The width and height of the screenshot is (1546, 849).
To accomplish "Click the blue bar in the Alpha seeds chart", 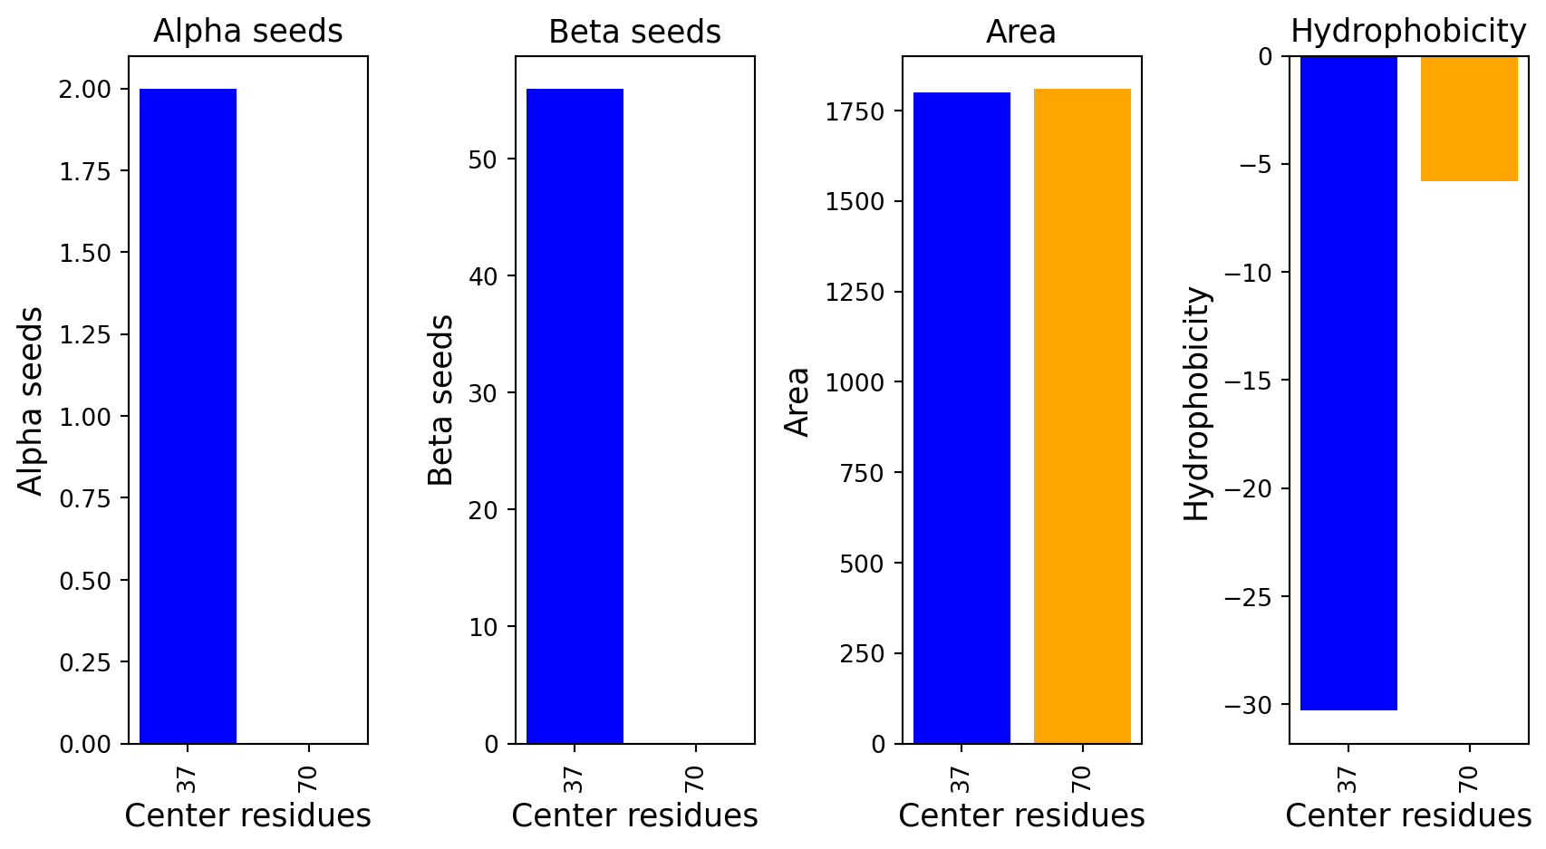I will pyautogui.click(x=188, y=416).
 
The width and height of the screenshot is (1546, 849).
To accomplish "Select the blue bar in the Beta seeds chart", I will pyautogui.click(x=575, y=416).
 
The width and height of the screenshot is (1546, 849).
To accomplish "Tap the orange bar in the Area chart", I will pyautogui.click(x=1082, y=416).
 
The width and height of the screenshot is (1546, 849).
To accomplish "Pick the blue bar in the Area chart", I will pyautogui.click(x=961, y=418).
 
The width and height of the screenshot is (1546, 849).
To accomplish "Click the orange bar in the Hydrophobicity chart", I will pyautogui.click(x=1469, y=119).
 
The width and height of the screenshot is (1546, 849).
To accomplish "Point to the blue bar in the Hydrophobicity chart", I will pyautogui.click(x=1348, y=383).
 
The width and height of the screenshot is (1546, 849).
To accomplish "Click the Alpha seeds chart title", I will pyautogui.click(x=247, y=32).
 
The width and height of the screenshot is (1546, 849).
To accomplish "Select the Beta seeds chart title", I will pyautogui.click(x=634, y=33).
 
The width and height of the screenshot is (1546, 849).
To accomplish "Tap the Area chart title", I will pyautogui.click(x=1021, y=33).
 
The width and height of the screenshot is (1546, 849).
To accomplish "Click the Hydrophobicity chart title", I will pyautogui.click(x=1408, y=32).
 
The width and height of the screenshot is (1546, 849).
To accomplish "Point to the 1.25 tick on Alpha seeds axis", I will pyautogui.click(x=85, y=335).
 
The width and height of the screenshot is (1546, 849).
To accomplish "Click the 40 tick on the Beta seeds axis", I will pyautogui.click(x=484, y=276).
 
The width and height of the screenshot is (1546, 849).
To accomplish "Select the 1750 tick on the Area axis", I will pyautogui.click(x=855, y=111).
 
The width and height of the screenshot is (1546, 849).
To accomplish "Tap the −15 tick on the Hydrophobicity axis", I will pyautogui.click(x=1249, y=381).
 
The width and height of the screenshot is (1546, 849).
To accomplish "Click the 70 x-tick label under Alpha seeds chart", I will pyautogui.click(x=308, y=778).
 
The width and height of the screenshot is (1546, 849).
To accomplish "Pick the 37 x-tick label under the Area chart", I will pyautogui.click(x=961, y=778).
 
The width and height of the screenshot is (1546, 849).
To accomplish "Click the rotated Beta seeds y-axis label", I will pyautogui.click(x=440, y=400).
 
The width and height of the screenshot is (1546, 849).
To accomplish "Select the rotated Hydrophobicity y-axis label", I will pyautogui.click(x=1197, y=404).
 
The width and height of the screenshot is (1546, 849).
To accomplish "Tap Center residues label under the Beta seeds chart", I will pyautogui.click(x=634, y=816).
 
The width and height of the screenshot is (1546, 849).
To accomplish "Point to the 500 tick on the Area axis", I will pyautogui.click(x=862, y=564).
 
